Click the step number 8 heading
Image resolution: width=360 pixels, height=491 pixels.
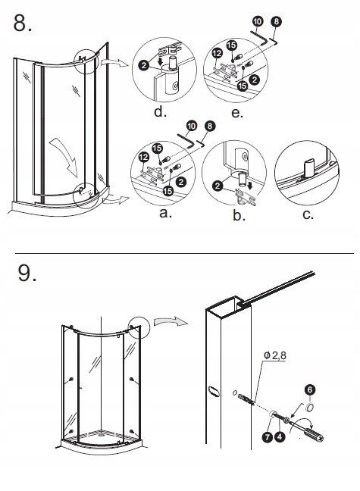[22, 23]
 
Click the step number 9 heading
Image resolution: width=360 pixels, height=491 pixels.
[27, 273]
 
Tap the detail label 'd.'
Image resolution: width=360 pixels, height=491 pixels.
[160, 111]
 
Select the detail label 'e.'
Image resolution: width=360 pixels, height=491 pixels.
[237, 112]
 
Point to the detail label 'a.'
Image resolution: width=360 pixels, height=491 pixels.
[166, 213]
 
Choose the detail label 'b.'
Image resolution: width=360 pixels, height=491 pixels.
[239, 215]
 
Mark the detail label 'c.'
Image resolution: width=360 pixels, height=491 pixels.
[308, 214]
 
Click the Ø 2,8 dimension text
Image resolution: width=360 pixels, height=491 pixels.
[275, 355]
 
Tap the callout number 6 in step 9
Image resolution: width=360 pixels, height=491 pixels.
[310, 389]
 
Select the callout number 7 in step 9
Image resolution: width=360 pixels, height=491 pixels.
[268, 437]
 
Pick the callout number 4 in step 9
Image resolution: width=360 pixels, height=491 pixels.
[280, 436]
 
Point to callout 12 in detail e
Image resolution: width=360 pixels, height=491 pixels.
[217, 53]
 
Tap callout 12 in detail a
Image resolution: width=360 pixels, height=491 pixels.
[143, 157]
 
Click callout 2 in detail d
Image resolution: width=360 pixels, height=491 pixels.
[144, 65]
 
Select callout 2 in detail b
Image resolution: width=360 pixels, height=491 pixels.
[218, 186]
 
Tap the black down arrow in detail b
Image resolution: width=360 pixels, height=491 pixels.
[250, 187]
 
